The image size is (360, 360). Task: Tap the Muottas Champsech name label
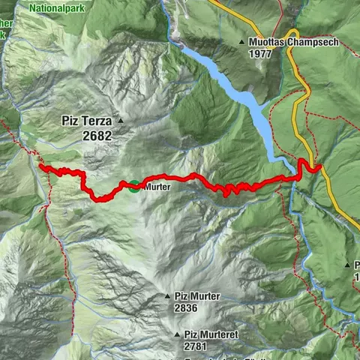[x=293, y=42]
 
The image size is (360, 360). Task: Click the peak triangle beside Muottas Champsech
[x=241, y=42]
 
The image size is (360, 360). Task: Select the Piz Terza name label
[x=85, y=120]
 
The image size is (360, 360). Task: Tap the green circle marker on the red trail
[x=133, y=186]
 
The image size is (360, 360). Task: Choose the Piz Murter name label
[x=196, y=296]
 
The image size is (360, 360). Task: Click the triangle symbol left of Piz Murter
[x=167, y=296]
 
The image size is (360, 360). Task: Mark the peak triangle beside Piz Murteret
[x=177, y=334]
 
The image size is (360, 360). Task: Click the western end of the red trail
[x=40, y=166]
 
